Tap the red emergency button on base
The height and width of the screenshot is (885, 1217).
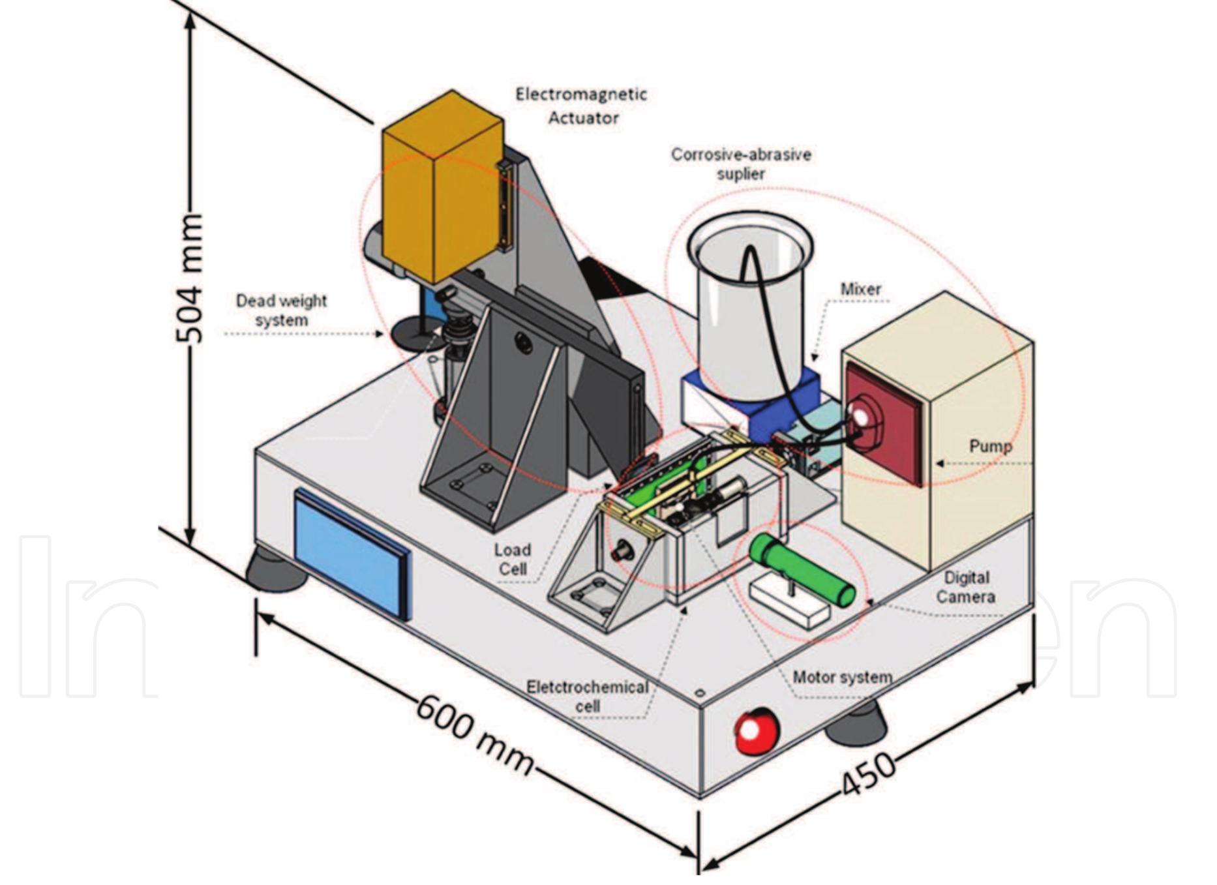tap(757, 730)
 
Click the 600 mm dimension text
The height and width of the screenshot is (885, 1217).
tap(474, 734)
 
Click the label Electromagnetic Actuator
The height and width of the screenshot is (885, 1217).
tap(581, 106)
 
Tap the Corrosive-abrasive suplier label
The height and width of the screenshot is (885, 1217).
tap(741, 164)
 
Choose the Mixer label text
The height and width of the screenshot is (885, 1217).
tap(860, 289)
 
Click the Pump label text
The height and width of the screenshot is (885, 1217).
tap(990, 447)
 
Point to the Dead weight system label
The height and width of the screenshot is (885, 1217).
tap(281, 310)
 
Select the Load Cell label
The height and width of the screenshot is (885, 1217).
tap(513, 560)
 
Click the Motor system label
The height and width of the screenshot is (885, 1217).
tap(842, 678)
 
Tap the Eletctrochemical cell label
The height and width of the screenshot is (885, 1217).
tap(587, 697)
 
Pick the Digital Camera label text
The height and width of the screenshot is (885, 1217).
tap(966, 587)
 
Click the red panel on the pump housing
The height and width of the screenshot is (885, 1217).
tap(884, 424)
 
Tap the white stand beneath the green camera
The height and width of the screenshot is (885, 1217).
tap(789, 603)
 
